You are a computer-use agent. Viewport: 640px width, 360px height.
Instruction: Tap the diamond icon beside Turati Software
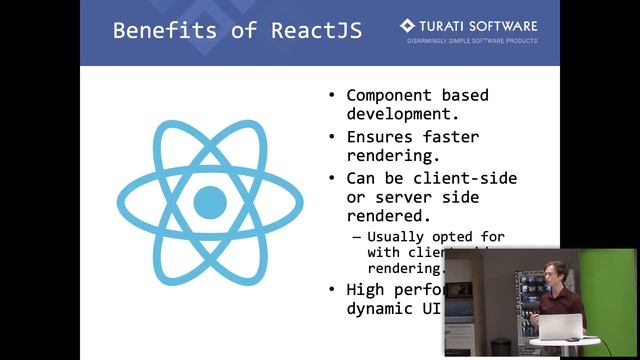click(407, 25)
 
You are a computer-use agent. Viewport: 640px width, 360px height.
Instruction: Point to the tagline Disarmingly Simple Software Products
click(471, 41)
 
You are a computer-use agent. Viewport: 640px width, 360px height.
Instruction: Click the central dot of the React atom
click(210, 202)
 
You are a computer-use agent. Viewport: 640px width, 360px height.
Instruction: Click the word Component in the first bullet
click(389, 96)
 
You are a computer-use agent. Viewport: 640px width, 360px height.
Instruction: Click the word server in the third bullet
click(402, 197)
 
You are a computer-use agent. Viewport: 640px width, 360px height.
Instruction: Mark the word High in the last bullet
click(365, 290)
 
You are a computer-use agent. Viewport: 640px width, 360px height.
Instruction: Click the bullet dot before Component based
click(333, 96)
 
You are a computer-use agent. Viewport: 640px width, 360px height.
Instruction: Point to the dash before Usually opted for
click(356, 237)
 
